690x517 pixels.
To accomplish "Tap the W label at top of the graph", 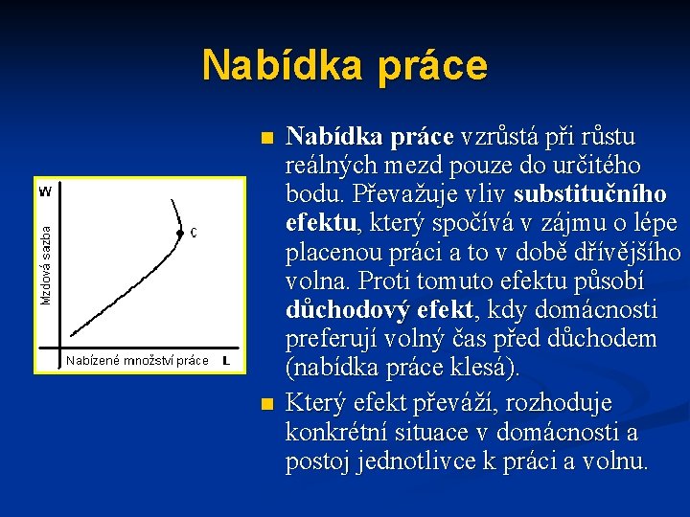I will [x=45, y=191].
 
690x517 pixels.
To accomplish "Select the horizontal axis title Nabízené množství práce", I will [x=137, y=361].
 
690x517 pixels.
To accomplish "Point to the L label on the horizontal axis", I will [x=225, y=361].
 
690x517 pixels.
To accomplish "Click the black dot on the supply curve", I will [x=179, y=233].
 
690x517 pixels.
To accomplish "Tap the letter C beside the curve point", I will [x=195, y=233].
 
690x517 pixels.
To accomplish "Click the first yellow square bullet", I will [x=267, y=138].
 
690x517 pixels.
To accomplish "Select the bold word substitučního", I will [x=589, y=194].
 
